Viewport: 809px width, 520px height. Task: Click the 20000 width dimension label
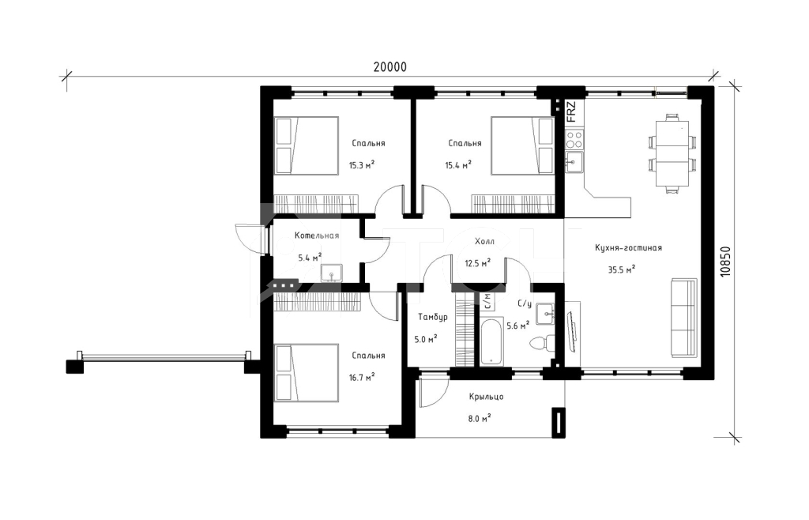390,67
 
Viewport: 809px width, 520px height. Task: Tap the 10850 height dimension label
725,262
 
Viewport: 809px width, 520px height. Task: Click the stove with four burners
574,138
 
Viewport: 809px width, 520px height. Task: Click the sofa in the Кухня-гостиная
685,317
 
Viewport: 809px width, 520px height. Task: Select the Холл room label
484,242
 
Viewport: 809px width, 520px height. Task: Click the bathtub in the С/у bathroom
491,341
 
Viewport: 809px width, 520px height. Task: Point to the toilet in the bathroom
542,342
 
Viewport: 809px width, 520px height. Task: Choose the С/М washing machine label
487,301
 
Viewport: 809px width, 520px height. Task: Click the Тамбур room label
432,317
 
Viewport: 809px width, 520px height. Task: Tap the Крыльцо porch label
486,397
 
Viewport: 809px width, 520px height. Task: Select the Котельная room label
317,236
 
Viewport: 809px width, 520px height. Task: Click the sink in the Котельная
331,273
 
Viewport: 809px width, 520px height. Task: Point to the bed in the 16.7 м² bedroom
307,373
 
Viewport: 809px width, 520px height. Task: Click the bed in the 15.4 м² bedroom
523,145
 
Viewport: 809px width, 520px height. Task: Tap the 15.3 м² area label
362,165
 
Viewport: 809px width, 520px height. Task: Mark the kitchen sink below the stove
574,162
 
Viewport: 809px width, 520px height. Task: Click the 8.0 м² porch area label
480,418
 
